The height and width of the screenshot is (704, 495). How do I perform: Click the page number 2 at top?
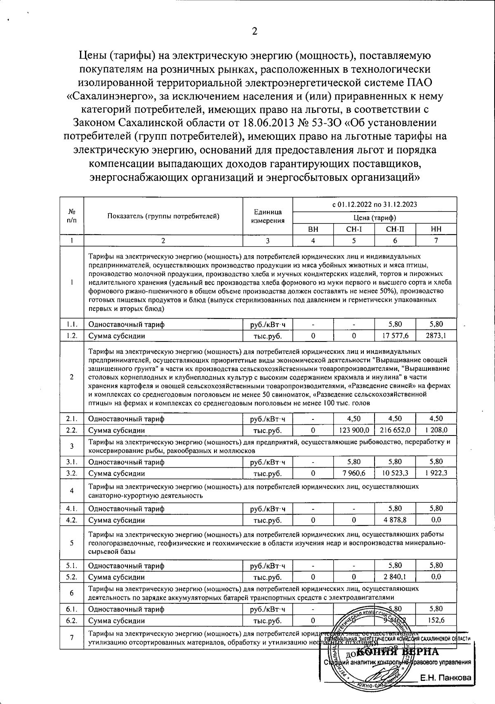point(255,32)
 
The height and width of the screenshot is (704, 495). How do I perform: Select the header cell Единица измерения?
point(268,216)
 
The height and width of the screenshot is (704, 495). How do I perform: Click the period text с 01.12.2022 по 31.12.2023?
point(375,204)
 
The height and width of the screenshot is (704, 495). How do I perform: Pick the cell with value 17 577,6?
point(395,336)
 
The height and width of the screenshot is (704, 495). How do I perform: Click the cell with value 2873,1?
point(436,336)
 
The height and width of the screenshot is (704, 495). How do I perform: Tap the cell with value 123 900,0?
point(354,430)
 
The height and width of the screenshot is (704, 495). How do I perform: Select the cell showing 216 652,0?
point(395,430)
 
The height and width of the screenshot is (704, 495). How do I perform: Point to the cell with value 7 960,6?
point(354,473)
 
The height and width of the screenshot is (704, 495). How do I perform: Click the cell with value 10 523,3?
point(395,473)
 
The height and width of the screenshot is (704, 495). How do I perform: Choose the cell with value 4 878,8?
point(395,520)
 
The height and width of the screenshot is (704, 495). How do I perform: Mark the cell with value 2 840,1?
point(395,577)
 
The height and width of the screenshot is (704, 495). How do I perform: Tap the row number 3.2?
point(72,473)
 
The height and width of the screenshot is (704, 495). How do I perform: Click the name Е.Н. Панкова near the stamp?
point(445,678)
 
